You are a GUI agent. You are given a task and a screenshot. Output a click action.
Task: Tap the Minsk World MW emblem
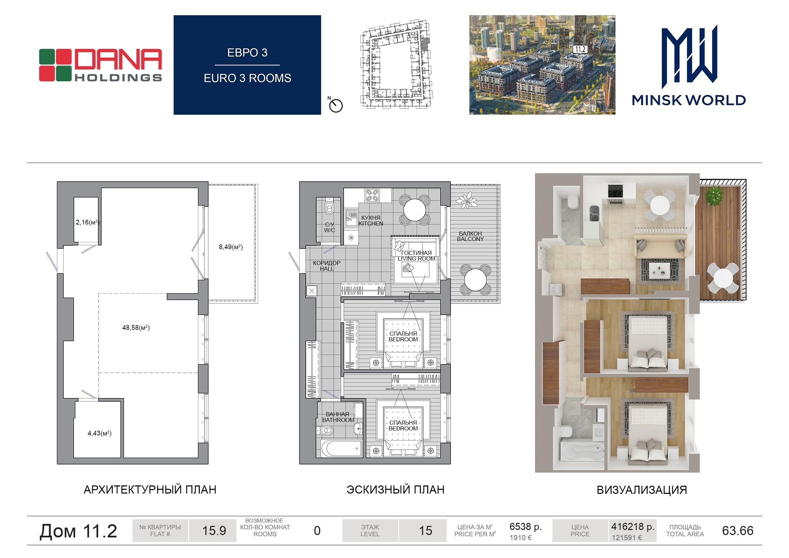[689, 57]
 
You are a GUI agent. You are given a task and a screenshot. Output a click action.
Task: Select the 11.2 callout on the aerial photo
[580, 49]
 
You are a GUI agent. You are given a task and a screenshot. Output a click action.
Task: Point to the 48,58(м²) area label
[136, 328]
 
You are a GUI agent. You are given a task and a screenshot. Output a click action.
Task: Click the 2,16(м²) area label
[88, 222]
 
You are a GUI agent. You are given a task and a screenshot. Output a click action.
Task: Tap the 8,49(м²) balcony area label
[231, 247]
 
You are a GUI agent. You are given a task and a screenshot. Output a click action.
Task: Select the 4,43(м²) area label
[100, 433]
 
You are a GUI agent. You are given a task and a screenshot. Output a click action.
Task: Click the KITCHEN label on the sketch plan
[371, 223]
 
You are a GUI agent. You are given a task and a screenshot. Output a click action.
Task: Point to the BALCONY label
[470, 239]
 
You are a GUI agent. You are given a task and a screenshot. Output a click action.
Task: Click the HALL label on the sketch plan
[327, 269]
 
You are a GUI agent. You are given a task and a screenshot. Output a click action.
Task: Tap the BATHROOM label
[338, 420]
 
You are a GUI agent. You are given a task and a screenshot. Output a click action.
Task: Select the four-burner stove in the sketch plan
[372, 195]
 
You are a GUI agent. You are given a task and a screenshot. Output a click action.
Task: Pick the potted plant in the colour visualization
[714, 194]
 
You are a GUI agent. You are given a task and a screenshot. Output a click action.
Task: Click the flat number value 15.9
[214, 531]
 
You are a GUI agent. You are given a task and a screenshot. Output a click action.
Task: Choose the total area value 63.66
[738, 531]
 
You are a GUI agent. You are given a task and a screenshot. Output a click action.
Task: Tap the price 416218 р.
[633, 527]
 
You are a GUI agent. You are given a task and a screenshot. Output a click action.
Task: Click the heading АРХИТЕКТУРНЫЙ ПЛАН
[150, 489]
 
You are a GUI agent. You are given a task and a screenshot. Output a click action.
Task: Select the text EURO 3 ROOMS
[247, 78]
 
